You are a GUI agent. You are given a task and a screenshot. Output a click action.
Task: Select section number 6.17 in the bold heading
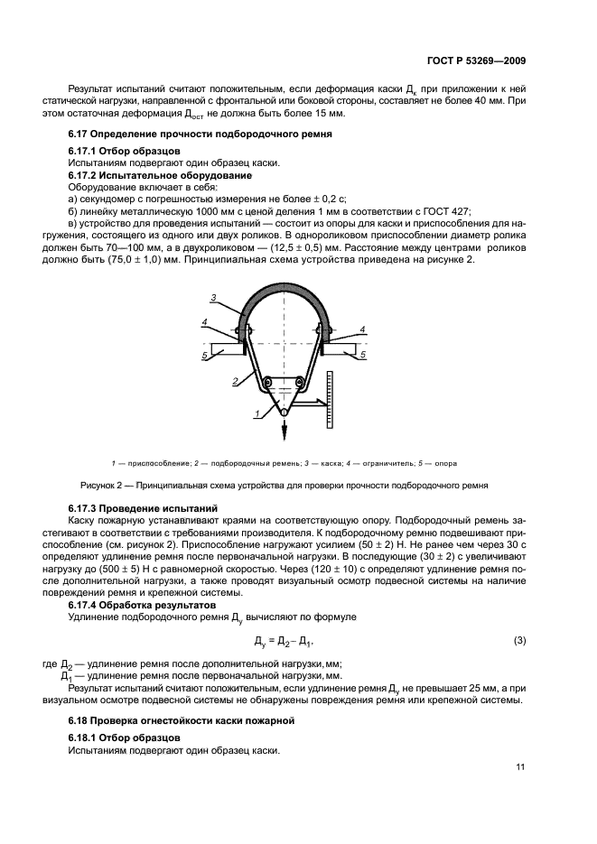79,134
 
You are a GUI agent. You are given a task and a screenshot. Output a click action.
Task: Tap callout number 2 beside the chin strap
233,382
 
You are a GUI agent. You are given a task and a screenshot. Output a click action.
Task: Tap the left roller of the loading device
267,385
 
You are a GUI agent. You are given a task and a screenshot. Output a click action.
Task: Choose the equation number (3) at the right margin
519,641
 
